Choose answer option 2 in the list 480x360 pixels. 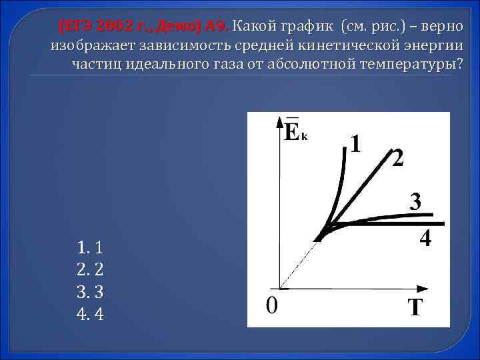tap(89, 270)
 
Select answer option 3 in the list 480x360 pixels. tap(89, 292)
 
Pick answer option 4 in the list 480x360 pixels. tap(89, 313)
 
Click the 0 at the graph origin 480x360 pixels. tap(271, 306)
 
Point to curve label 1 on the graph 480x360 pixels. tap(357, 143)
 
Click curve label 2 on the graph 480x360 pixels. tap(397, 159)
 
